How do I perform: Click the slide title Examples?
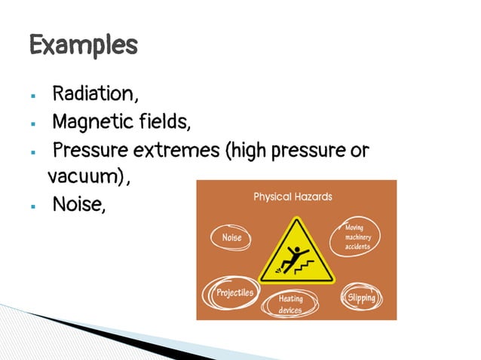coord(83,45)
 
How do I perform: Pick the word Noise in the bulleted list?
coord(77,204)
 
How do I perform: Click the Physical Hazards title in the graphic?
coord(293,197)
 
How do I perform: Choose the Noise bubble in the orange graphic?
coord(231,237)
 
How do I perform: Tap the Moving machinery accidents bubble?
coord(357,237)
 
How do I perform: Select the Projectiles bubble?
coord(234,292)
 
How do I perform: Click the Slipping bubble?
coord(361,297)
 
